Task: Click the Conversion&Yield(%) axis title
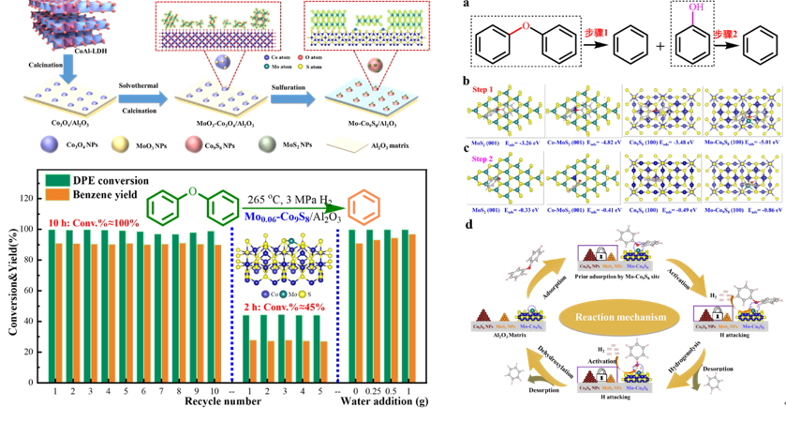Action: click(10, 281)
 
